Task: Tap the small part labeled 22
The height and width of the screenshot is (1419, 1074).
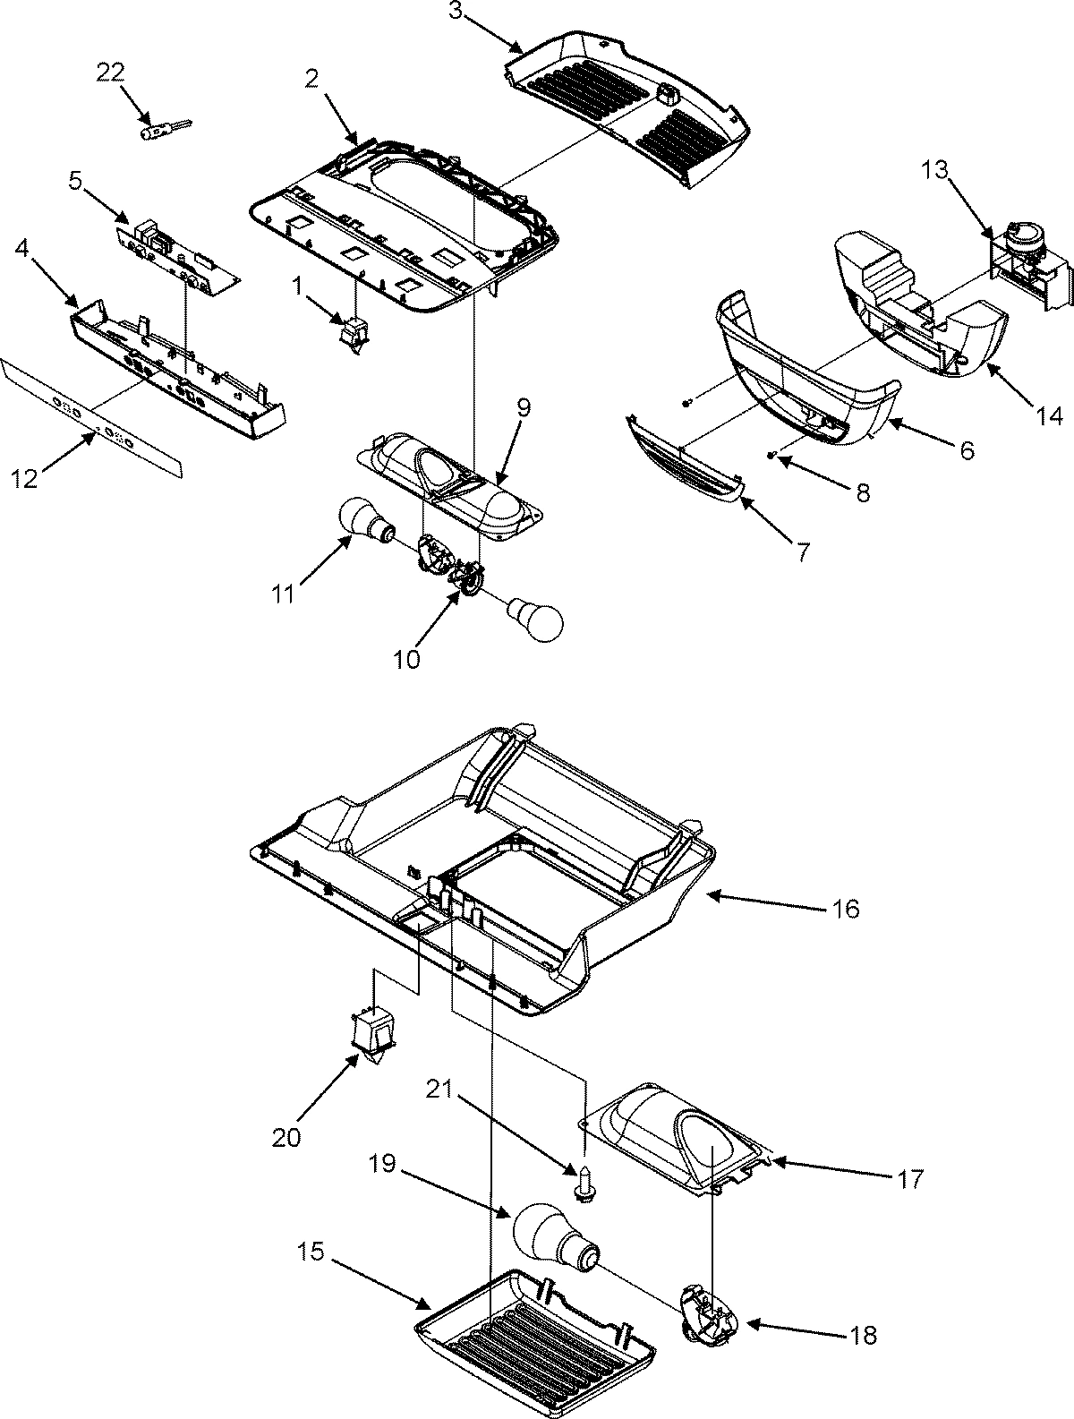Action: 158,131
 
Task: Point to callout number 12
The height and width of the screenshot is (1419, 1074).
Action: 24,479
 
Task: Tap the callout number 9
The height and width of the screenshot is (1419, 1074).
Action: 523,408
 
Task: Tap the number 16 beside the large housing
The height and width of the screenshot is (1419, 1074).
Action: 844,910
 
